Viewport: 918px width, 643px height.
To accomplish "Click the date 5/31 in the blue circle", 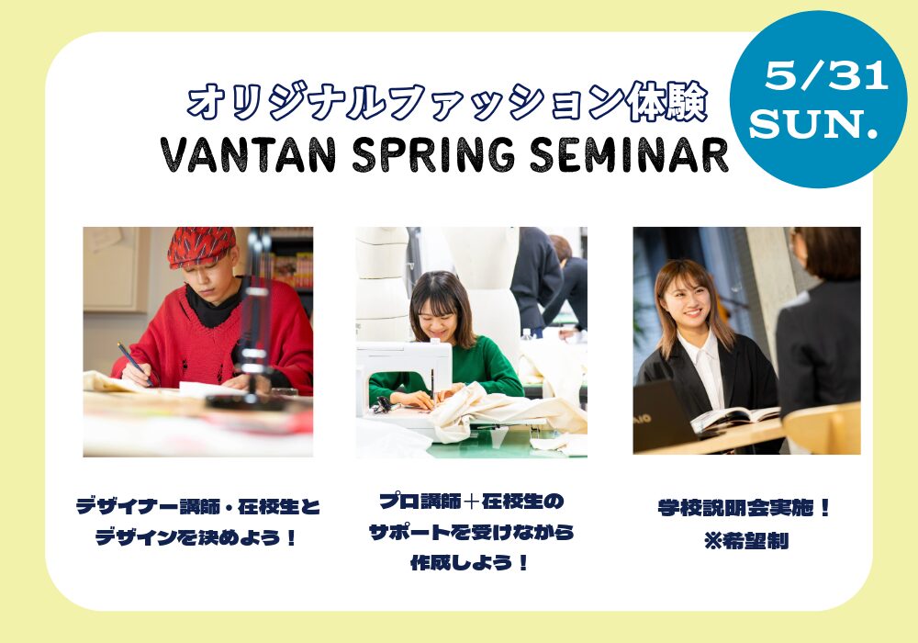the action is pos(826,76).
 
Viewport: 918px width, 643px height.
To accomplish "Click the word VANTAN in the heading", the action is pos(248,156).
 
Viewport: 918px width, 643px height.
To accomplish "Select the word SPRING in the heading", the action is pos(433,156).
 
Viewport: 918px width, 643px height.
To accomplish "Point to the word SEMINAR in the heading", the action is pos(629,156).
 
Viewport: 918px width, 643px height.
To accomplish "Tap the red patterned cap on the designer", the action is pos(201,246).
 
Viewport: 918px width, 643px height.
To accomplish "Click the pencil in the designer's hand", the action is pos(135,365).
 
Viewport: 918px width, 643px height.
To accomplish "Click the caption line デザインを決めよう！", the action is pos(196,537).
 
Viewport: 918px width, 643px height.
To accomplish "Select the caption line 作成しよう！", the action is pos(470,563).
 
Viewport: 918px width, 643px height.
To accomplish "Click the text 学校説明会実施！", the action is pos(744,508).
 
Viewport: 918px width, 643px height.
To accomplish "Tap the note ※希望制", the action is pos(745,540).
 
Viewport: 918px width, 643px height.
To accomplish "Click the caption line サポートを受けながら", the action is pos(471,532).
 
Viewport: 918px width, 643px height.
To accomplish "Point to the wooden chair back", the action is pos(822,427).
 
